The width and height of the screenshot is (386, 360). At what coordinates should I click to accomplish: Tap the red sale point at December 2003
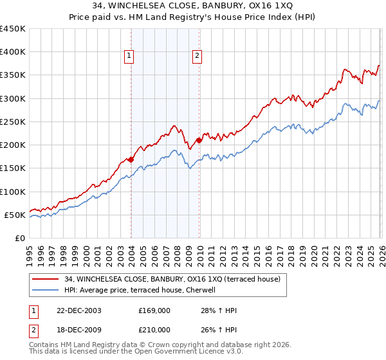(x=131, y=159)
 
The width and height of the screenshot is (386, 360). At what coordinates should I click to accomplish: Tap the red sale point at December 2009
(x=199, y=140)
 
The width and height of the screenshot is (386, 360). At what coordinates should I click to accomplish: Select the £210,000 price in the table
(x=154, y=329)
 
